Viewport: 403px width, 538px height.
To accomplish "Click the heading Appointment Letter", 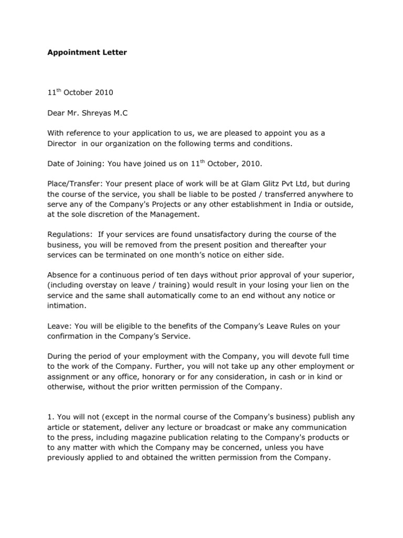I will [x=87, y=53].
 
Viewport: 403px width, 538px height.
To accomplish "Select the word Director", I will [x=62, y=143].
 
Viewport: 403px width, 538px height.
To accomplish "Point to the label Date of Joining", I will [x=75, y=164].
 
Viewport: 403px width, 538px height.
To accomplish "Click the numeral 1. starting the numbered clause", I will [x=50, y=417].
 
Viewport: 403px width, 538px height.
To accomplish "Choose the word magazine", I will [x=170, y=437].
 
